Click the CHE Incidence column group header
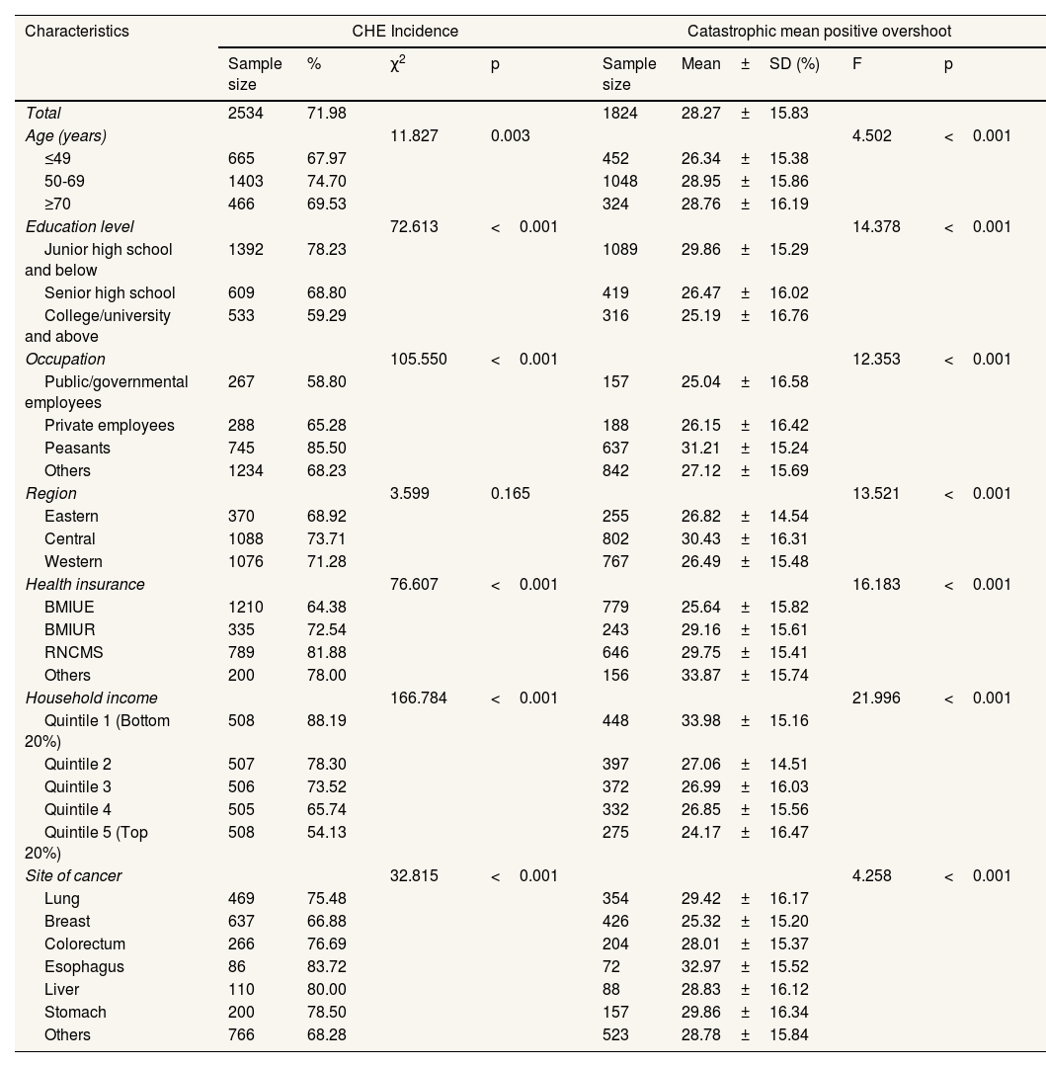pyautogui.click(x=405, y=31)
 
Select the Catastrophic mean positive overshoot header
pyautogui.click(x=819, y=31)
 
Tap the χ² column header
pyautogui.click(x=400, y=64)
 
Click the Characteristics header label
pyautogui.click(x=77, y=31)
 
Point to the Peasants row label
pyautogui.click(x=77, y=448)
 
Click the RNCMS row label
pyautogui.click(x=74, y=652)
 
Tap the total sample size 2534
pyautogui.click(x=246, y=113)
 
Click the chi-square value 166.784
pyautogui.click(x=419, y=698)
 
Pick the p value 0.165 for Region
pyautogui.click(x=510, y=493)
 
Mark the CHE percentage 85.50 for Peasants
pyautogui.click(x=326, y=448)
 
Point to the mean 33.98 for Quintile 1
pyautogui.click(x=700, y=720)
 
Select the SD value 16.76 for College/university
pyautogui.click(x=789, y=316)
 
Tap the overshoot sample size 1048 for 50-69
pyautogui.click(x=620, y=181)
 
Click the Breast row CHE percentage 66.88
pyautogui.click(x=326, y=921)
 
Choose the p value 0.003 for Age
pyautogui.click(x=510, y=135)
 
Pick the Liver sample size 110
pyautogui.click(x=241, y=989)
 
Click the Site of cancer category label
pyautogui.click(x=73, y=875)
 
